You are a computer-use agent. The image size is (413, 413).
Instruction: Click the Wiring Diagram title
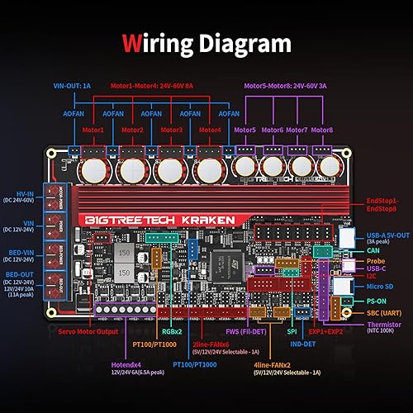pos(206,42)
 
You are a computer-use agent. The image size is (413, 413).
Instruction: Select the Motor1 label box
pos(93,131)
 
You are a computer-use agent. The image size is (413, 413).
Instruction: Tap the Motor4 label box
pos(211,131)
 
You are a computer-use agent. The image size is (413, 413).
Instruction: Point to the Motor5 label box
pos(245,131)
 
